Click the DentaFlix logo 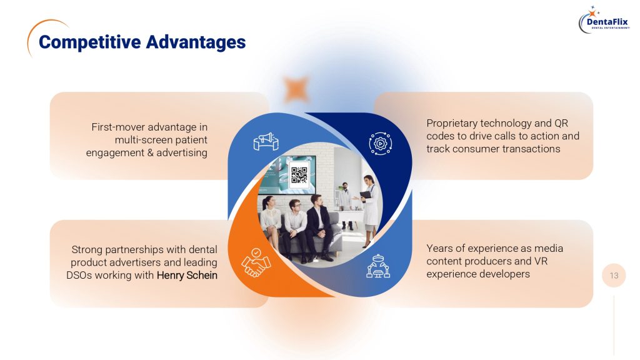coord(604,21)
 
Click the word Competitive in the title coord(90,42)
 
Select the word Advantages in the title coord(196,42)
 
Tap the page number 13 coord(614,276)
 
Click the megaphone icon coord(266,141)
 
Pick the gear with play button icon coord(381,143)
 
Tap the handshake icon coord(256,262)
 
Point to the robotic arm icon coord(378,266)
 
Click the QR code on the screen coord(299,175)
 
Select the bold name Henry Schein coord(187,276)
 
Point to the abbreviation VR coord(541,261)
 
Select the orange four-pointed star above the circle coord(296,89)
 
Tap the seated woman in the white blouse coord(271,222)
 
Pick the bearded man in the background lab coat coord(345,205)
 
